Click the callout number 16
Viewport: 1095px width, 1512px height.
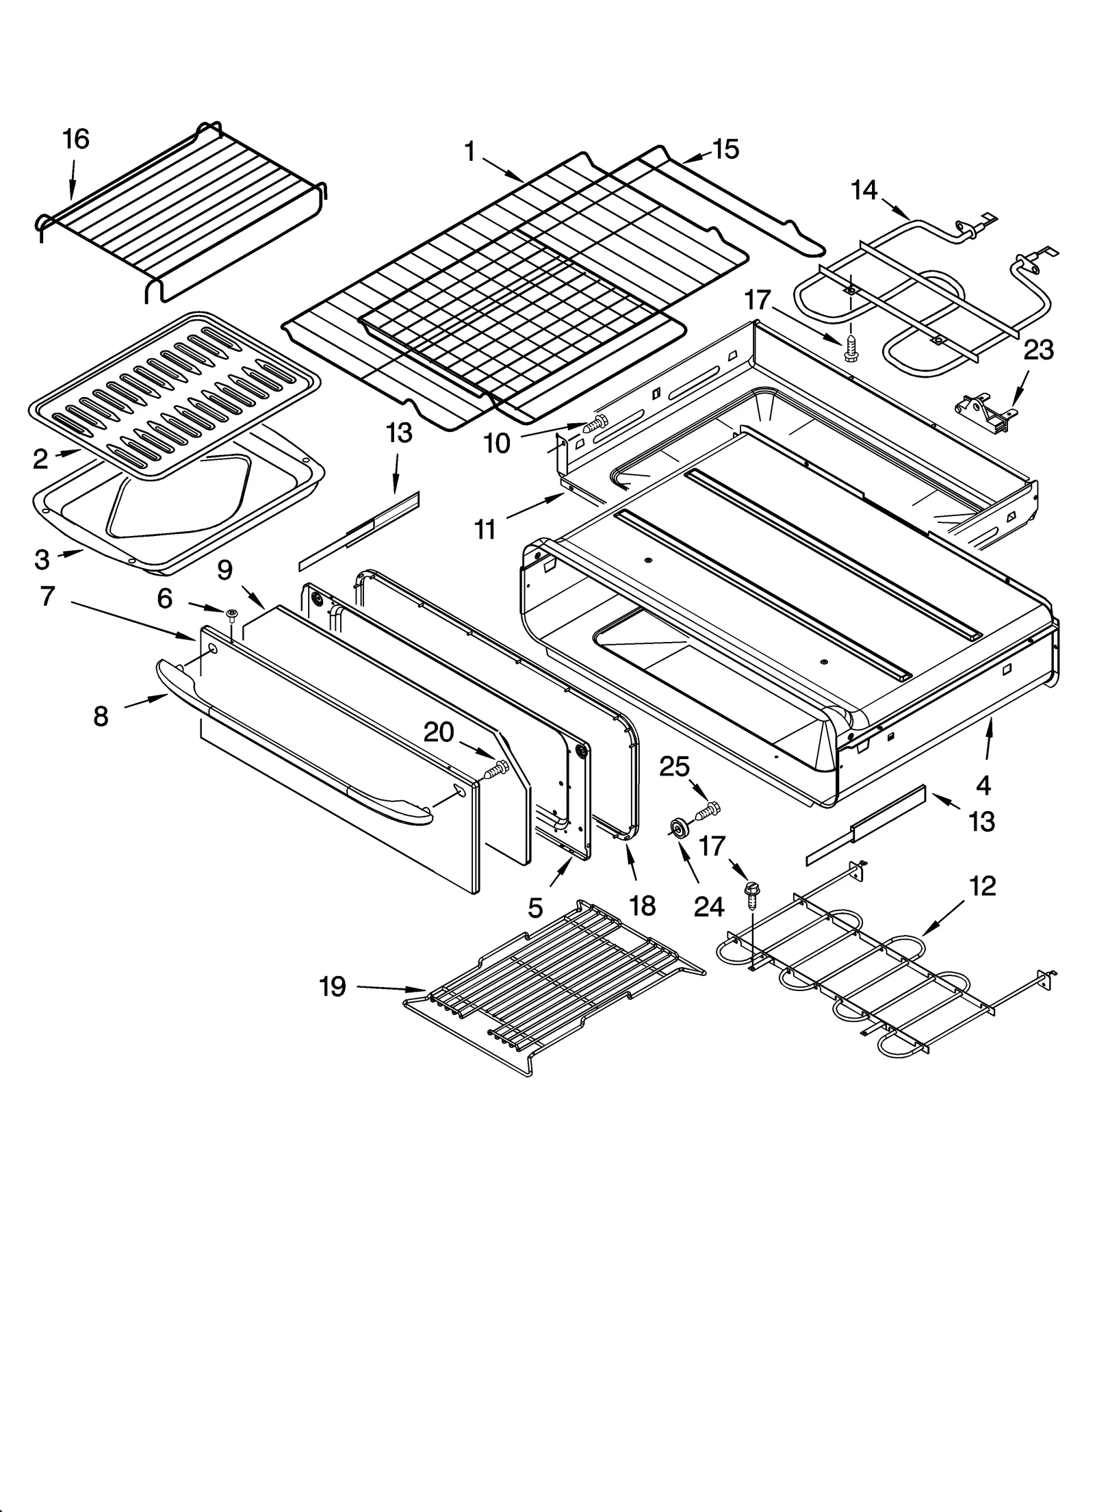pos(75,139)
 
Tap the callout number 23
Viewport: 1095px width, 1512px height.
pos(1038,350)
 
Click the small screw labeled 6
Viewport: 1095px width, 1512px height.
pos(231,613)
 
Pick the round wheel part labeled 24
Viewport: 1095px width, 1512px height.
pos(679,830)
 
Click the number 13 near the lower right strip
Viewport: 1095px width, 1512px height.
pos(981,821)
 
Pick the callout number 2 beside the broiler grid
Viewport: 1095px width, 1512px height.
pos(40,459)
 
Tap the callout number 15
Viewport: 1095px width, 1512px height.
pos(725,149)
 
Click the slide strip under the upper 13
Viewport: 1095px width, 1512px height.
pos(359,530)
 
